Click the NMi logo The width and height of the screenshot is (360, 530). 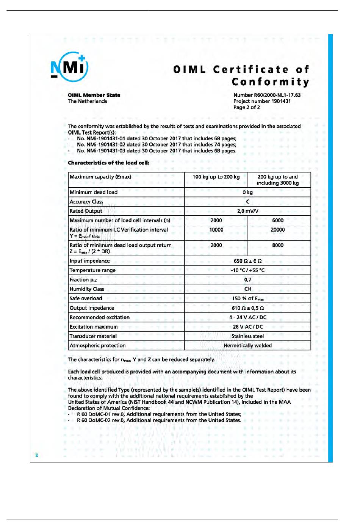tap(69, 67)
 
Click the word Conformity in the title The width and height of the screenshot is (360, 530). tap(270, 82)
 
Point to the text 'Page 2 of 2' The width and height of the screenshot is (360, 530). tap(247, 107)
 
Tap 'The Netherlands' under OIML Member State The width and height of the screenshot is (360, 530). tap(87, 101)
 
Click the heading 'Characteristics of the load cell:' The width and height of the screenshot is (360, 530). tap(108, 163)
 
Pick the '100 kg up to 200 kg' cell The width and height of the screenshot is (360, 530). tap(216, 177)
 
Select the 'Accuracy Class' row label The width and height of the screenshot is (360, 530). tap(86, 202)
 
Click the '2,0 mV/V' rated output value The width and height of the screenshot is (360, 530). tap(247, 211)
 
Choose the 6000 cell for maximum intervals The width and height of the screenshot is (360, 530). tap(278, 220)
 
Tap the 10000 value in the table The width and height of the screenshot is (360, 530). tap(216, 230)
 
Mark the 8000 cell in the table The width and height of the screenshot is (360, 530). tap(278, 245)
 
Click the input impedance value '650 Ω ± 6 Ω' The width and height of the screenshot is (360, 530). tap(247, 261)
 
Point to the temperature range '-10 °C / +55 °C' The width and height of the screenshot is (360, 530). tap(247, 270)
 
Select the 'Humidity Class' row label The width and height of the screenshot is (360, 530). tap(87, 289)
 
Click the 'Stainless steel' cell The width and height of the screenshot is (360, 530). tap(247, 336)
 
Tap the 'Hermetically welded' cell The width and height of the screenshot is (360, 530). tap(247, 345)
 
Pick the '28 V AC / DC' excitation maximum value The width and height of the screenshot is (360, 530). tap(247, 327)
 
